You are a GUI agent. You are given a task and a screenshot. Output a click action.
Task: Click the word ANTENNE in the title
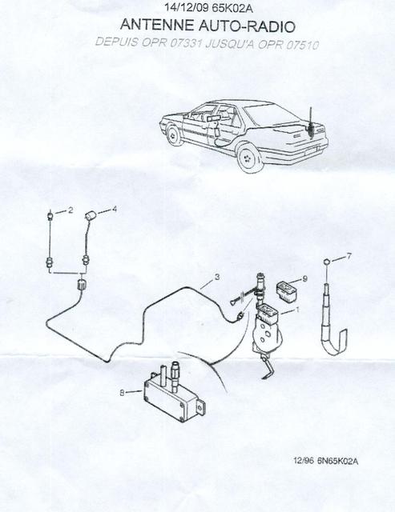click(x=157, y=26)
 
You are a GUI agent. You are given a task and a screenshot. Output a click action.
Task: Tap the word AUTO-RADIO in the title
click(x=248, y=26)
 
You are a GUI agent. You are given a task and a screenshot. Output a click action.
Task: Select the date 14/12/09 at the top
click(x=187, y=8)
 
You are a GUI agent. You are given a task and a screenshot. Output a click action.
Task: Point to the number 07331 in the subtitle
click(x=185, y=43)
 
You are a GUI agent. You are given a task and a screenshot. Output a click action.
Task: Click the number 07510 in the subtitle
click(x=302, y=45)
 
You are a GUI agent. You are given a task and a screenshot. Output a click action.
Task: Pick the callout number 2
click(x=71, y=210)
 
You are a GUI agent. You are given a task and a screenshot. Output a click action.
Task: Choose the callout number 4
click(x=114, y=209)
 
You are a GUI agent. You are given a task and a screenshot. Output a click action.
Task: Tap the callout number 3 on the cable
click(x=217, y=278)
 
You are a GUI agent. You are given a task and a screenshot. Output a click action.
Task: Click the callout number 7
click(x=349, y=256)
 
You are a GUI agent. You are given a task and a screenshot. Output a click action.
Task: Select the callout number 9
click(x=305, y=278)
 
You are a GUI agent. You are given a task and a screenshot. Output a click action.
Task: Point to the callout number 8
click(x=122, y=393)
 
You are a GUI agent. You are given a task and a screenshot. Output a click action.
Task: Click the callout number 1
click(x=297, y=310)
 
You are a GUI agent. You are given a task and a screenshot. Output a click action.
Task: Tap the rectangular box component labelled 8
click(x=175, y=394)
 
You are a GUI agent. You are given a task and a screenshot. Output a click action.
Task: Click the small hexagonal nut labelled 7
click(x=326, y=262)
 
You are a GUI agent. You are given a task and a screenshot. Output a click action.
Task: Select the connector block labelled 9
click(x=286, y=290)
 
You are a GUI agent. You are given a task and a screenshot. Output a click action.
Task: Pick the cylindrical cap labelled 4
click(x=90, y=216)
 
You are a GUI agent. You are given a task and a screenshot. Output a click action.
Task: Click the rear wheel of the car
click(x=248, y=159)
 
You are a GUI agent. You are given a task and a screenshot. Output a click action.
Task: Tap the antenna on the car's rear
click(x=311, y=122)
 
